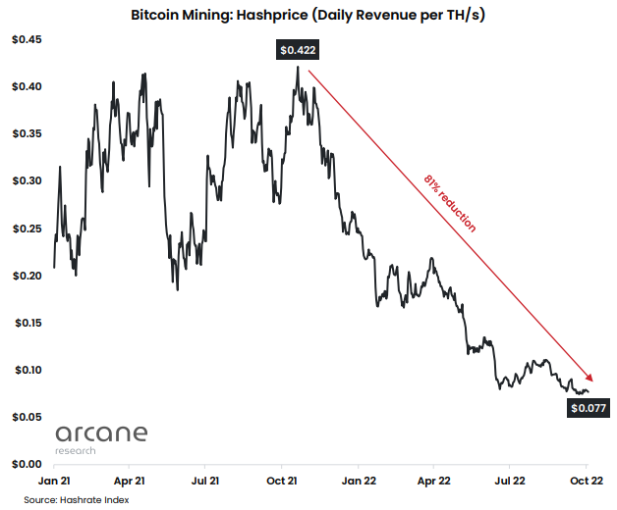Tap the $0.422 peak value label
coord(296,50)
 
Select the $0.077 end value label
coord(588,408)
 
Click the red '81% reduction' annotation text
coord(450,203)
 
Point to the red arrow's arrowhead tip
coord(594,381)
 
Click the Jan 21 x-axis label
coord(53,482)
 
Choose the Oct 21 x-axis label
coord(282,482)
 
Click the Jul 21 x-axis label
coord(205,482)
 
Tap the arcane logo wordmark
coord(101,433)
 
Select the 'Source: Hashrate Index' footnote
coord(77,499)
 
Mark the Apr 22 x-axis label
coord(433,482)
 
